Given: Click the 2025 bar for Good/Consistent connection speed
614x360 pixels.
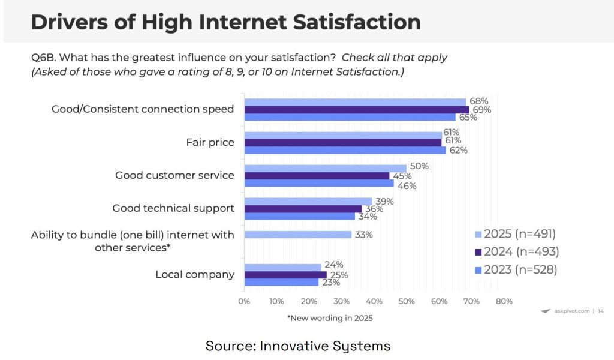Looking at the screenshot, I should coord(355,102).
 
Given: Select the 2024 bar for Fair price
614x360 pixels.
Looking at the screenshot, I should coord(342,142).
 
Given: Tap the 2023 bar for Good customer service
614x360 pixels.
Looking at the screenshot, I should coord(318,183).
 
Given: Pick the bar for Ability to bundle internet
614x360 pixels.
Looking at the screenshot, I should coord(297,235).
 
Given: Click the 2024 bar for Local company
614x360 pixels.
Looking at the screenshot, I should coord(285,275).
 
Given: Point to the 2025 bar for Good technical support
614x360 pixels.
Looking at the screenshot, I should coord(308,202).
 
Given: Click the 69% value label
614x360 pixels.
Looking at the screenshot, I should coord(481,110).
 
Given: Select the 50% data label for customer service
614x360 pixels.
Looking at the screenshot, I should coord(419,166).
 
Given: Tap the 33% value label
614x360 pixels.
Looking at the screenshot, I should coord(363,235).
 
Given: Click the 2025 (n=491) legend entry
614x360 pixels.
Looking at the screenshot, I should coord(516,234).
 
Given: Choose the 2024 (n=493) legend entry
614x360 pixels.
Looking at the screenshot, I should coord(516,252).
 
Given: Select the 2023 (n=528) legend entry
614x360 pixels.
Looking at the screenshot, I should coord(516,270).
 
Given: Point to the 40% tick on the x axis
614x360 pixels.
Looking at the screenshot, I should coord(374,301).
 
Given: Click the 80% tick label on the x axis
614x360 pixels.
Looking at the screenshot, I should coord(504,301).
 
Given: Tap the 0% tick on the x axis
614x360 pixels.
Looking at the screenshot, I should coord(244,301).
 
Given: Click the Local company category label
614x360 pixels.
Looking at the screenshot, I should coord(195,275).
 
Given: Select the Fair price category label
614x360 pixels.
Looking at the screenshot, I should coord(210,143).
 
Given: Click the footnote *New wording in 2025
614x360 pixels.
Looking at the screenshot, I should coord(330,318).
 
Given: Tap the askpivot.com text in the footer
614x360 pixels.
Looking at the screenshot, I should coord(571,311).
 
